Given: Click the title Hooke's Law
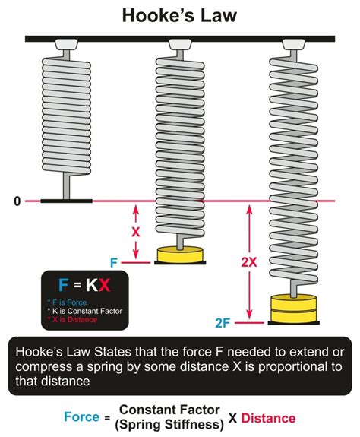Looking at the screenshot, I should [180, 15].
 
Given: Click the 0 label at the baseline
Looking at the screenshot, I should [16, 201].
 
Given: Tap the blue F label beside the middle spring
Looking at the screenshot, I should [114, 262].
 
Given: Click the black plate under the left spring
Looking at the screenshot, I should [66, 201].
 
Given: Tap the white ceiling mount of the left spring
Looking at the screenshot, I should [66, 46].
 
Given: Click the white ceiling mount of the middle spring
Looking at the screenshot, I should [180, 46].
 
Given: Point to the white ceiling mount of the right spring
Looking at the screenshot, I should [291, 46].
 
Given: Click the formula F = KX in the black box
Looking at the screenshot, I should [84, 287].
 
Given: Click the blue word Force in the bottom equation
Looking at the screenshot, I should [83, 418].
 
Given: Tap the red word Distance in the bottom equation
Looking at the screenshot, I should [270, 418].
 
